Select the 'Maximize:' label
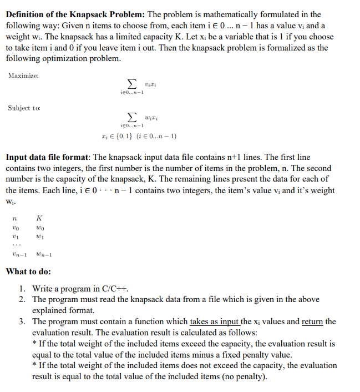click(x=24, y=76)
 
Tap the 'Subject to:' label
click(x=24, y=108)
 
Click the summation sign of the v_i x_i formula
click(x=131, y=83)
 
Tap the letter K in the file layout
click(x=38, y=219)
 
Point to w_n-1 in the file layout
click(x=43, y=255)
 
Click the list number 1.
click(x=21, y=289)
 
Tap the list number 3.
click(x=21, y=321)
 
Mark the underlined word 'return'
click(x=312, y=321)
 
